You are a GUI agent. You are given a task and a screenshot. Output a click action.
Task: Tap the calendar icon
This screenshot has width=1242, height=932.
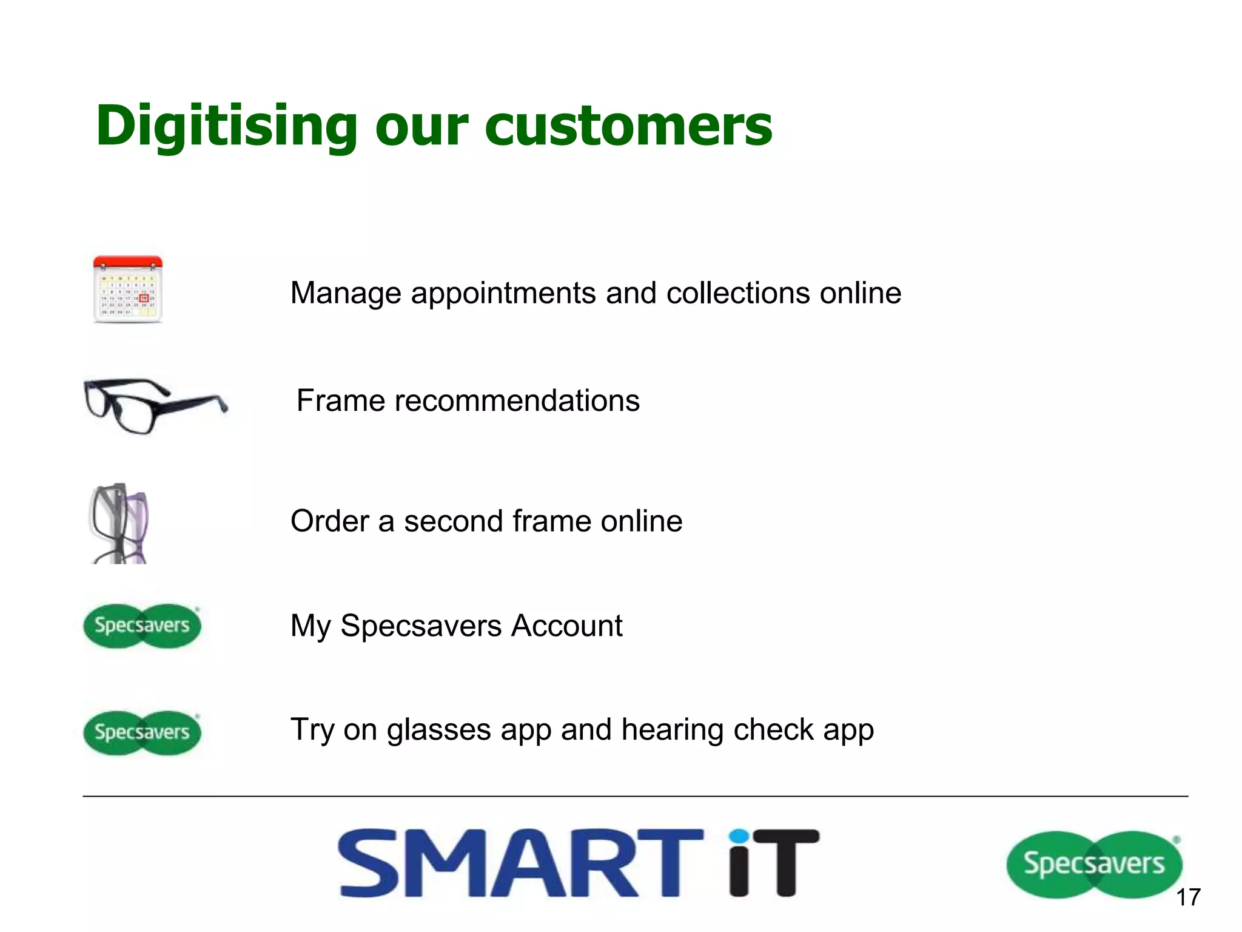point(128,290)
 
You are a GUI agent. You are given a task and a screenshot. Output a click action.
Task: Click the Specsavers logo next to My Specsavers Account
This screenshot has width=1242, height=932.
point(142,626)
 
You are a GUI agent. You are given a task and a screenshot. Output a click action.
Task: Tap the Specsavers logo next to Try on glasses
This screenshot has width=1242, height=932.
point(142,732)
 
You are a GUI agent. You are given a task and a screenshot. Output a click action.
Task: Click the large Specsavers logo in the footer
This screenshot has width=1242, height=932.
point(1094,864)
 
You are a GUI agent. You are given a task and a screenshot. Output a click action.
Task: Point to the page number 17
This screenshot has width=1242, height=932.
point(1188,897)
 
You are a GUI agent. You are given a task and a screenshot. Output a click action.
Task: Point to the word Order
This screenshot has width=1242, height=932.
point(330,521)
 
